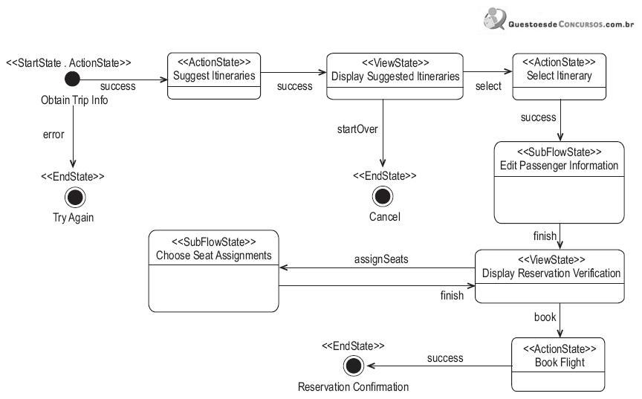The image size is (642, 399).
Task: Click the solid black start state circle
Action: tap(73, 79)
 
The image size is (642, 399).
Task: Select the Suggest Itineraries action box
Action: tap(214, 76)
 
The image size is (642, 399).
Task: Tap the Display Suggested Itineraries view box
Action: tap(395, 76)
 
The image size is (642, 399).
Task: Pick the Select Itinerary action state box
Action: tap(560, 77)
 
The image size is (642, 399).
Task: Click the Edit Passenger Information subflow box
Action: tap(560, 183)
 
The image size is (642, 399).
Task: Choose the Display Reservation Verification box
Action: tap(550, 276)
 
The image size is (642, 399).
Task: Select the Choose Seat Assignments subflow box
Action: tap(214, 271)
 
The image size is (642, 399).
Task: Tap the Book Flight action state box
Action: tap(558, 364)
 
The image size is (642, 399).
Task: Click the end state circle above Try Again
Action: tap(75, 198)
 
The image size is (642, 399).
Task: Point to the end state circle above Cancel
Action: tap(383, 196)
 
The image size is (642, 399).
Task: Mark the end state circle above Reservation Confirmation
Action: tap(354, 366)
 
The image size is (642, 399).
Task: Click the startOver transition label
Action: tap(357, 129)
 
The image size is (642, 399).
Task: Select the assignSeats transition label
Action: tap(381, 259)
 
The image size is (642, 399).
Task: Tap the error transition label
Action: tap(53, 134)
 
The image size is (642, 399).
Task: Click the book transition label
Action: tap(545, 317)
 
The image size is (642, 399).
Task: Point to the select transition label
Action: tap(488, 86)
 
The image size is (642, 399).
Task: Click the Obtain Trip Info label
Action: tap(74, 100)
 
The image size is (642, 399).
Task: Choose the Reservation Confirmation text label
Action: tap(354, 386)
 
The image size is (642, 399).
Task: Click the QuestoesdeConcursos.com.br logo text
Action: tap(571, 24)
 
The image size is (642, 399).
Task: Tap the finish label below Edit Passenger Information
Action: tap(545, 236)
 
